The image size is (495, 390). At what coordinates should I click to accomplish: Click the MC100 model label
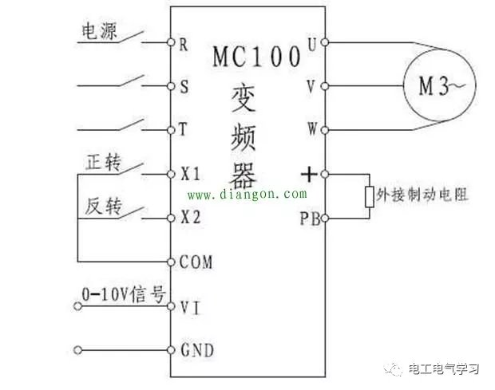(256, 58)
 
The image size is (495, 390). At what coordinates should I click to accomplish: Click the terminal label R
(183, 44)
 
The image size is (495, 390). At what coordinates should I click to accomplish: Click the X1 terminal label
(190, 173)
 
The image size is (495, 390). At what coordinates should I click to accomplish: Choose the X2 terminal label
(190, 217)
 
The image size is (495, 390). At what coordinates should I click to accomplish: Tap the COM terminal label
(196, 261)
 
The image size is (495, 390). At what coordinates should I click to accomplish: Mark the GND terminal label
(196, 349)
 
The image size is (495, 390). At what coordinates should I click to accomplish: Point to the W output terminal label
(312, 128)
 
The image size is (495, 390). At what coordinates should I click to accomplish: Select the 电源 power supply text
(100, 30)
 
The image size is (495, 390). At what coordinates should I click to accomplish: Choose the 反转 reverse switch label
(102, 206)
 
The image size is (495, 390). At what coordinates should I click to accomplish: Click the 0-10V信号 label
(122, 294)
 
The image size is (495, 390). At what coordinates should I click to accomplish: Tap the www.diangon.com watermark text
(247, 194)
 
